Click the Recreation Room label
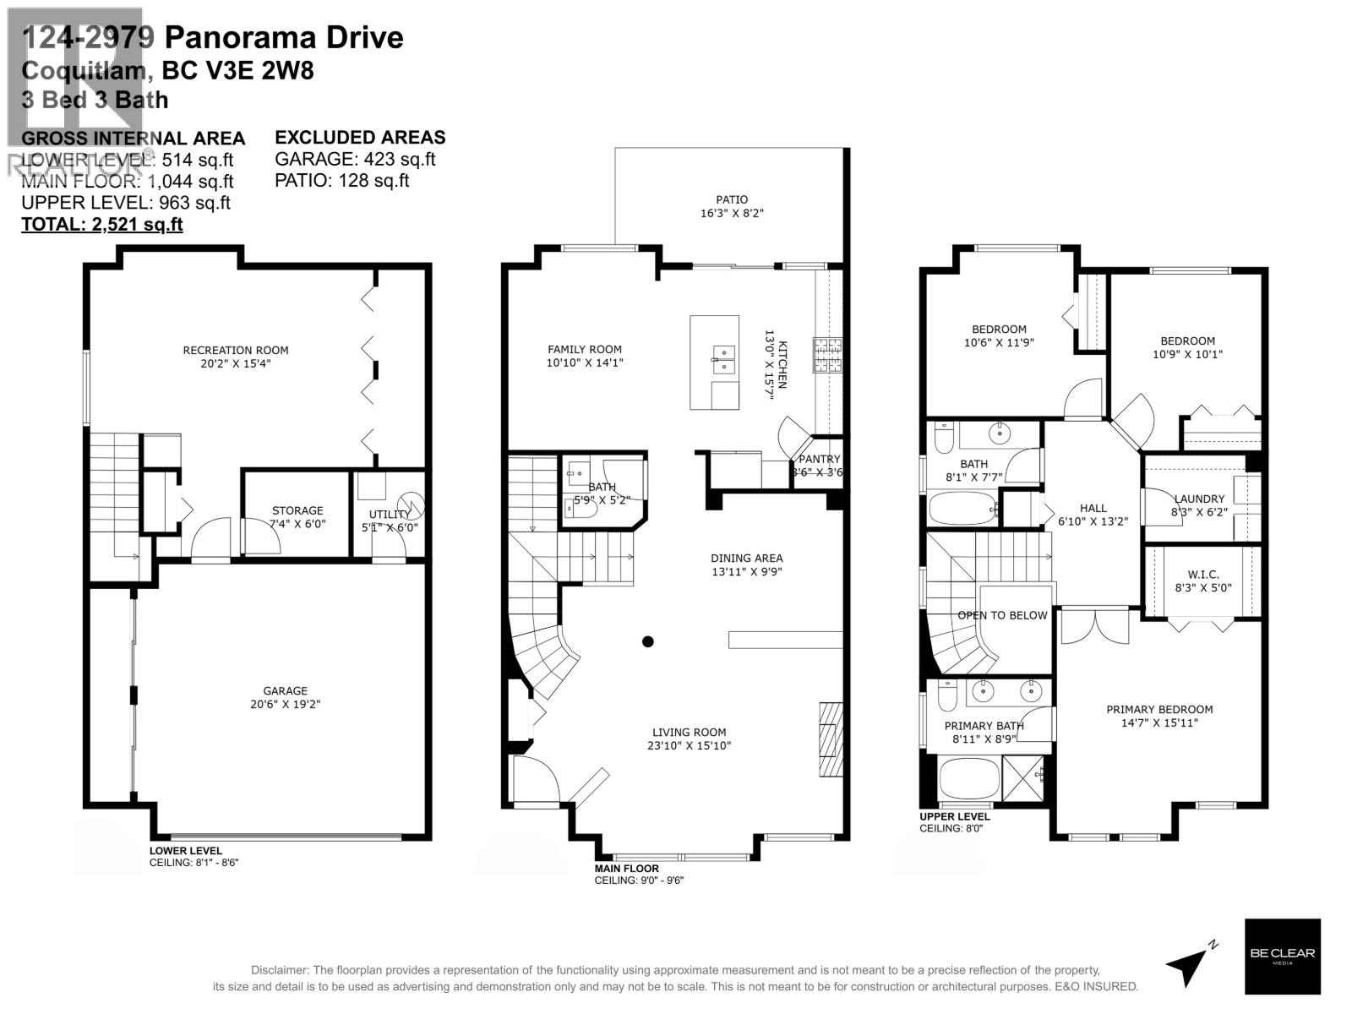236,350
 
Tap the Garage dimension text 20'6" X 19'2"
285,704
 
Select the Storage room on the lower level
297,515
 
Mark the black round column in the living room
648,641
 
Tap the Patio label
732,200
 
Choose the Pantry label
819,459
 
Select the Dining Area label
746,558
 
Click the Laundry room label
1198,499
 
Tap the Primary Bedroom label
1159,709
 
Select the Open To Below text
1002,615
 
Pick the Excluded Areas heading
360,137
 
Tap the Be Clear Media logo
1282,956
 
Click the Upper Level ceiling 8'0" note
951,828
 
